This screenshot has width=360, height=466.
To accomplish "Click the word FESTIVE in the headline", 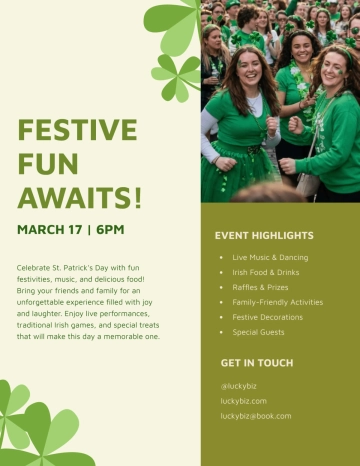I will coord(77,130).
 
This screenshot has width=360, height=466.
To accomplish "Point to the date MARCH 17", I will coord(50,229).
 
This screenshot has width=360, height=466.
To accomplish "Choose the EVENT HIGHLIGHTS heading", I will coord(263,236).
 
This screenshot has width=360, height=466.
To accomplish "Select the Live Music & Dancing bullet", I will coord(270,257).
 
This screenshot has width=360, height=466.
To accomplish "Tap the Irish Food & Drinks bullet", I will coord(265,272).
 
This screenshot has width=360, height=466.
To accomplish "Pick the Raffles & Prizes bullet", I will coord(260,287).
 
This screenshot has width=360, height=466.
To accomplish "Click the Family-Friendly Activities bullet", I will coord(277,302).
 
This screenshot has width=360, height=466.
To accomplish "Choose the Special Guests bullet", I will coord(258,332).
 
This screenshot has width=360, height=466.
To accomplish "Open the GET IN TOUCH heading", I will coord(256,362).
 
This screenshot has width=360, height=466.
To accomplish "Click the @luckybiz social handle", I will coord(240,385).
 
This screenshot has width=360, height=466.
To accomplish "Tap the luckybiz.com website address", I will coord(243,400).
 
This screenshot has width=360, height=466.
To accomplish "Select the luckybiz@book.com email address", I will coord(256,415).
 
